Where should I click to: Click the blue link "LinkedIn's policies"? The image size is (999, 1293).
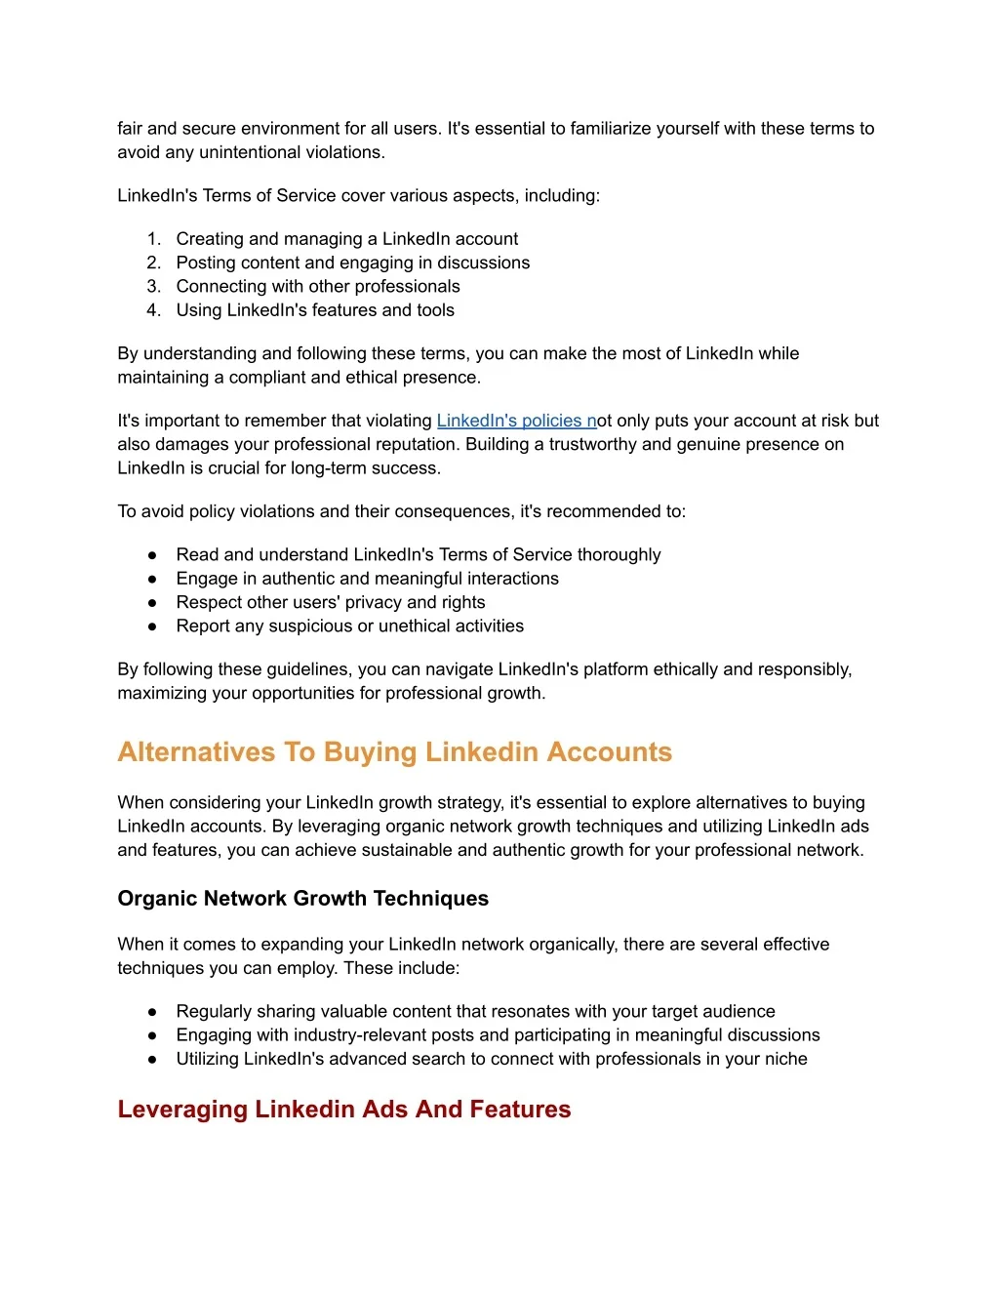click(515, 421)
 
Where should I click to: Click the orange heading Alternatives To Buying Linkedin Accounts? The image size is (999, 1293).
click(394, 752)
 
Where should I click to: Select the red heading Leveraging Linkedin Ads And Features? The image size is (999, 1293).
click(343, 1110)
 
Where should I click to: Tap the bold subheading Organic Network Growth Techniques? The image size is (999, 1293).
click(302, 899)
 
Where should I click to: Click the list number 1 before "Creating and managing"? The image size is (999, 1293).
click(153, 239)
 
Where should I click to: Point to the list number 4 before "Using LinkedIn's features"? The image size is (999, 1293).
click(153, 310)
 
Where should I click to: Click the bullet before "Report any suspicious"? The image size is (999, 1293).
click(152, 626)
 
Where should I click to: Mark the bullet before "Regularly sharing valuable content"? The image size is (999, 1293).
click(152, 1012)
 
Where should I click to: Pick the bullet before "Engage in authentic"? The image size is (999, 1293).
click(152, 579)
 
